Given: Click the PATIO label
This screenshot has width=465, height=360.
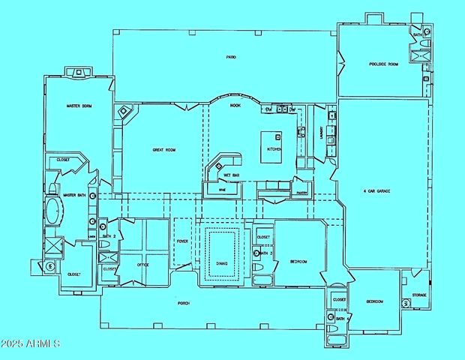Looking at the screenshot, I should (232, 57).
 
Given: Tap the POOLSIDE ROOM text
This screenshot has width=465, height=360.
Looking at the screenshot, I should (382, 64).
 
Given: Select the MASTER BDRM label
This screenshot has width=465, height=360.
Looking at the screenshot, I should (78, 106).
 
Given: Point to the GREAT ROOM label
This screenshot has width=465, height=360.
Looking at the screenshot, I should (163, 150).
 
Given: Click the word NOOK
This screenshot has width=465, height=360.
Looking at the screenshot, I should (235, 106).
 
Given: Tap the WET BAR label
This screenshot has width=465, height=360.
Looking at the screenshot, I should (231, 175).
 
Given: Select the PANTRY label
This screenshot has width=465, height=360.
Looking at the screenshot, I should (302, 193).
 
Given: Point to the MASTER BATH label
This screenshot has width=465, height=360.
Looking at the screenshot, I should (74, 196).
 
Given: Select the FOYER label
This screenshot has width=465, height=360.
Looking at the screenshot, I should (181, 241).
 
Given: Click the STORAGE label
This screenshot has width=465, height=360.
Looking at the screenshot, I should (418, 295).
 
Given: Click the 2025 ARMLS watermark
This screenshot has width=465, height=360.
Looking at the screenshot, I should (30, 343).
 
